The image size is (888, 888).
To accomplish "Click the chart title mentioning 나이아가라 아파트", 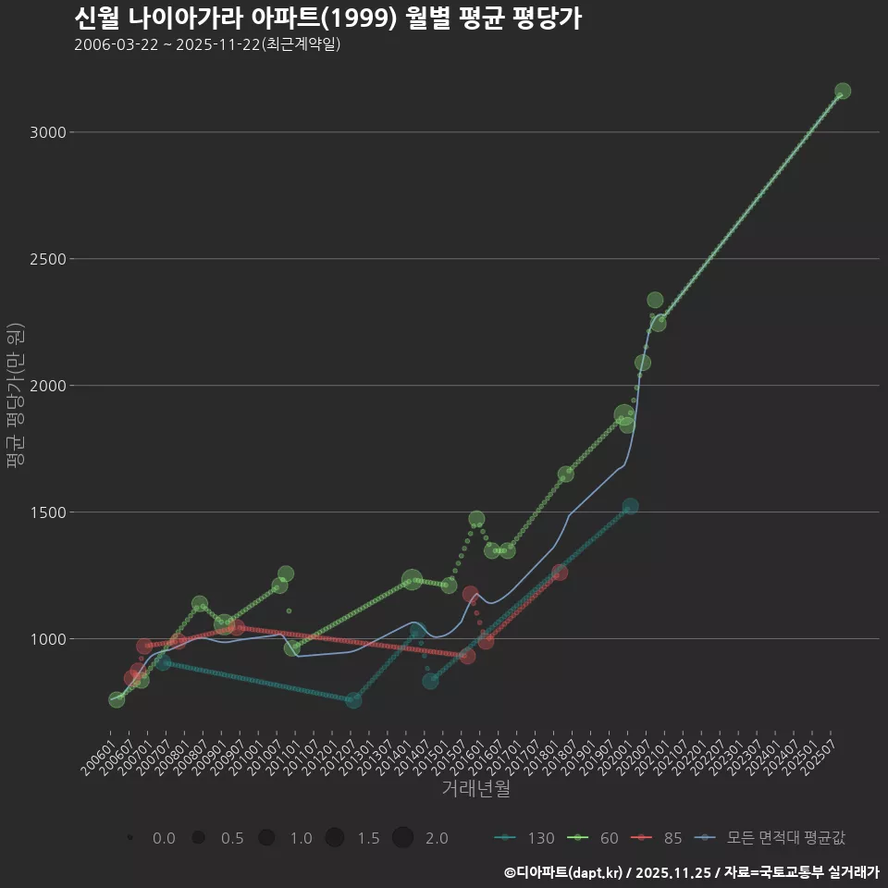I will point(327,18).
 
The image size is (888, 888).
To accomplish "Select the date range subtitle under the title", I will point(207,44).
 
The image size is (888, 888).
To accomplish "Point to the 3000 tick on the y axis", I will point(47,132).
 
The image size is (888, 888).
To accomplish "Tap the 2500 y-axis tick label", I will point(47,259).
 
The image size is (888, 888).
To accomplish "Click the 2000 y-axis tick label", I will point(47,386).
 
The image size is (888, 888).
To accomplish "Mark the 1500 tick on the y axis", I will point(47,512).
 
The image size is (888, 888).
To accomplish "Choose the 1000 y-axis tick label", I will point(47,639).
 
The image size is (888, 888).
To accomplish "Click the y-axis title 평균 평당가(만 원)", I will point(15,398).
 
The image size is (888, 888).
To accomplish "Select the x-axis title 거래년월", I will point(475,789).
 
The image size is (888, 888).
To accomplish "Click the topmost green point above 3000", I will point(843,91).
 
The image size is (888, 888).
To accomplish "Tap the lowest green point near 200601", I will point(117,700).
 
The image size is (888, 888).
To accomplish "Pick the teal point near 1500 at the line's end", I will point(630,506).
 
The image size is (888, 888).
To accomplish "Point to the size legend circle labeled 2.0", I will point(402,838).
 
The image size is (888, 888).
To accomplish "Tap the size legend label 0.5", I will point(232,838).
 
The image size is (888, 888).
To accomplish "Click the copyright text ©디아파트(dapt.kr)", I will point(564,872).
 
